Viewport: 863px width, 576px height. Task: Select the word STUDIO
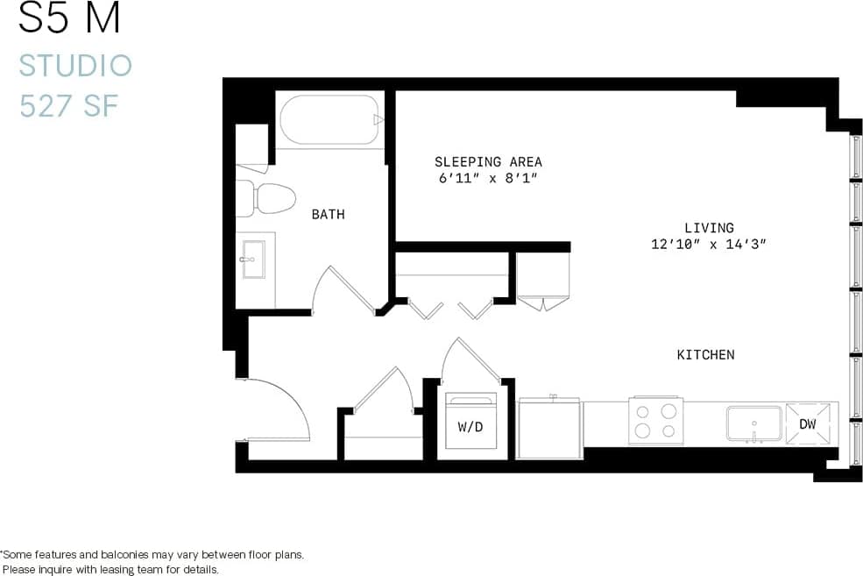(75, 66)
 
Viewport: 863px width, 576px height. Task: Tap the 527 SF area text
(68, 106)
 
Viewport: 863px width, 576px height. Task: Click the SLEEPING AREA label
(488, 162)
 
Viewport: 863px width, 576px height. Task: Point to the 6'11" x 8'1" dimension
(488, 179)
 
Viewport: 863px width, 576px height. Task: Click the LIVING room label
(709, 228)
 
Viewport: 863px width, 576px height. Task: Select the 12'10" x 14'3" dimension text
(709, 245)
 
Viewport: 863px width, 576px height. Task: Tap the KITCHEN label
(705, 355)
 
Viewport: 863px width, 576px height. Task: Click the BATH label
(328, 214)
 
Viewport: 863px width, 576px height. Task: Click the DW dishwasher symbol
(807, 424)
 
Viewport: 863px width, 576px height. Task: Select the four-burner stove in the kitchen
(655, 420)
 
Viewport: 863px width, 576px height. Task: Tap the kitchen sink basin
(753, 423)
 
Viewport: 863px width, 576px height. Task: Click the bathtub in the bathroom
(331, 120)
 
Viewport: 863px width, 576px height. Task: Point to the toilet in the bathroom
(266, 198)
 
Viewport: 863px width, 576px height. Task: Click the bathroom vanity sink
(254, 260)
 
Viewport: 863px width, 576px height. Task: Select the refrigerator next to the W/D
(549, 429)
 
